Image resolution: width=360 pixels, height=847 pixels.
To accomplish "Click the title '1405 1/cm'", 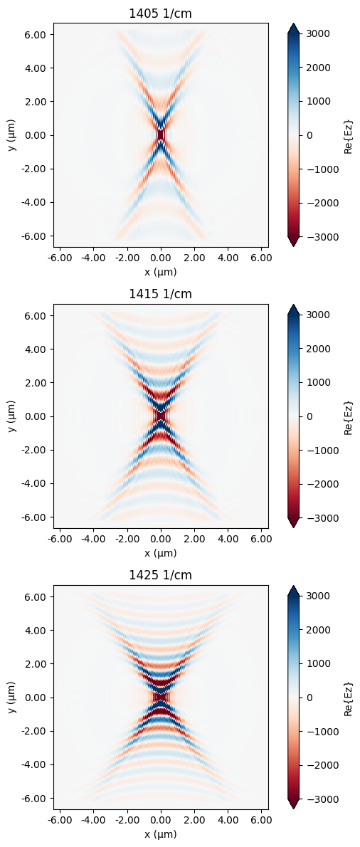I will tap(161, 13).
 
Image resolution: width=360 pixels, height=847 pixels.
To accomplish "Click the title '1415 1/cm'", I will tap(161, 294).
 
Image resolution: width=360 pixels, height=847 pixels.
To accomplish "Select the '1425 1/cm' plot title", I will tap(161, 575).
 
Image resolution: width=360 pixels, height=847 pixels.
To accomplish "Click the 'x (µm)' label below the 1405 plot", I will tap(161, 271).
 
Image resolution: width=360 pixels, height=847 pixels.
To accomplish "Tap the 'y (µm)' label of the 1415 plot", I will tap(11, 416).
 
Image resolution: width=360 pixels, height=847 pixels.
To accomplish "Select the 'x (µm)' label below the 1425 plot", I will tap(161, 833).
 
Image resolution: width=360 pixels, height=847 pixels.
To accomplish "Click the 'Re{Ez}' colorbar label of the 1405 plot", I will tap(348, 135).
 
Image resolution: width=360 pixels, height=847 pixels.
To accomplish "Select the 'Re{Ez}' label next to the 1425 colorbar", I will tap(348, 697).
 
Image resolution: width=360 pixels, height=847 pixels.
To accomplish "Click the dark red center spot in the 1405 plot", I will tap(161, 135).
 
